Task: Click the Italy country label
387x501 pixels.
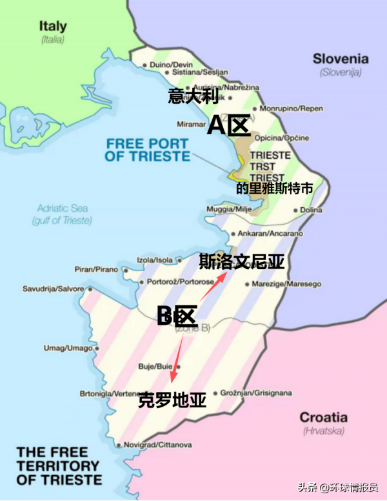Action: pyautogui.click(x=53, y=26)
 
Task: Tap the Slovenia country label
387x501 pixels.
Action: pyautogui.click(x=341, y=59)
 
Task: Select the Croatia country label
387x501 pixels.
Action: pyautogui.click(x=323, y=417)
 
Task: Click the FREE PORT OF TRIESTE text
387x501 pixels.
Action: pyautogui.click(x=148, y=150)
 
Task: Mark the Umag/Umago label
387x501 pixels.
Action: pyautogui.click(x=68, y=348)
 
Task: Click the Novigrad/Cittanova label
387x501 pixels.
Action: pyautogui.click(x=157, y=445)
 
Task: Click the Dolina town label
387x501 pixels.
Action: pyautogui.click(x=310, y=210)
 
